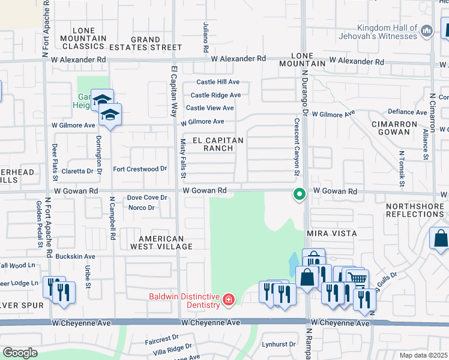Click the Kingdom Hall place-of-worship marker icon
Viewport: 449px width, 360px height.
coord(427,31)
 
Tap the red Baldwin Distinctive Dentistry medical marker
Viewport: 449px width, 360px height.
coord(228,299)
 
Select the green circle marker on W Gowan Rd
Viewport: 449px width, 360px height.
coord(298,194)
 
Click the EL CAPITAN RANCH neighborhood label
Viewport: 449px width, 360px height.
coord(218,144)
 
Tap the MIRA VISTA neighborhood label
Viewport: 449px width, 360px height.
coord(331,233)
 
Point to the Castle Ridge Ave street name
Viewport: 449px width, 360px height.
coord(215,95)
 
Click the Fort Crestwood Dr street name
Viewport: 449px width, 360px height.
coord(140,169)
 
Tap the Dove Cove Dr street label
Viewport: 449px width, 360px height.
coord(146,197)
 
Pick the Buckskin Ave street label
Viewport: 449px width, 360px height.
coord(76,256)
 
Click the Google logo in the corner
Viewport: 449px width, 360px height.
coord(20,352)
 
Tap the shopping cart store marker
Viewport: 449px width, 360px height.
coord(357,278)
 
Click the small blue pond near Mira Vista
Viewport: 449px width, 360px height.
coord(292,263)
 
